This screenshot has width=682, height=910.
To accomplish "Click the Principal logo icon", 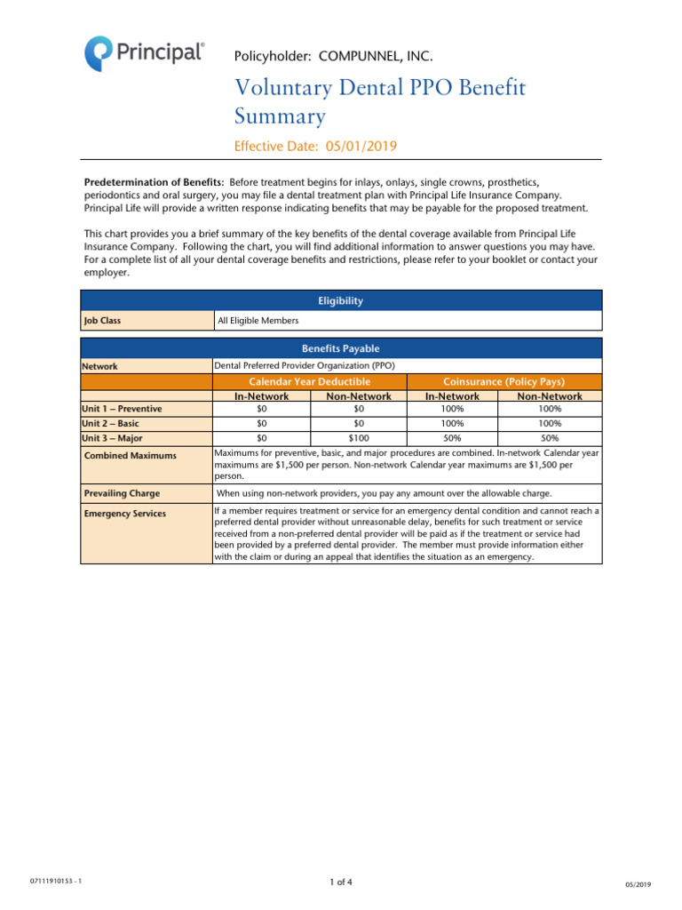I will tap(99, 53).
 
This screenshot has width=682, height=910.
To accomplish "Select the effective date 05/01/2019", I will tap(366, 146).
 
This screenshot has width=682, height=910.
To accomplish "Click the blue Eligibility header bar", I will tap(341, 300).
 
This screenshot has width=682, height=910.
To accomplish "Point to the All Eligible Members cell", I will tap(258, 321).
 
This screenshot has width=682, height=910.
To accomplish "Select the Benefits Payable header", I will tap(341, 348).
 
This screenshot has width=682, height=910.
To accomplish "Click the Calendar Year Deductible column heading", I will tap(309, 381).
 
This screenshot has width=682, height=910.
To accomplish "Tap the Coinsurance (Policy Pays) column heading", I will tap(504, 381).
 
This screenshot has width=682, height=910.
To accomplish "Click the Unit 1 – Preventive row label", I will tap(122, 409).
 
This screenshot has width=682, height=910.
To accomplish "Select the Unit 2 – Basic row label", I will tap(111, 424).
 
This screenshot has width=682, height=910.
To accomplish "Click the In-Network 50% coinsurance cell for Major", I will tap(452, 438).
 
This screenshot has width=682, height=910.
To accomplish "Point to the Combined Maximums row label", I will tap(130, 456).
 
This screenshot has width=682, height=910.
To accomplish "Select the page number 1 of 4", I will tap(341, 882).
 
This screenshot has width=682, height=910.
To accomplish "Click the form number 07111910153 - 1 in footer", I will tap(55, 881).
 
